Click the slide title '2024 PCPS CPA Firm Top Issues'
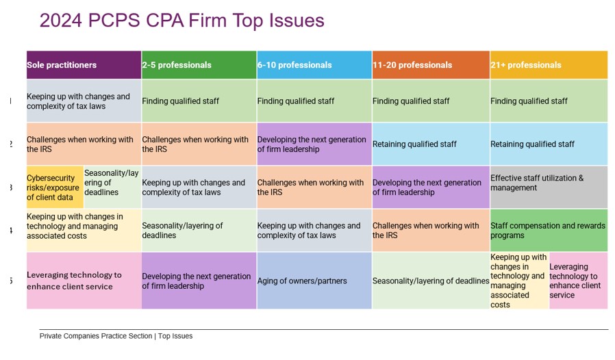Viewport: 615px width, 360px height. [x=181, y=21]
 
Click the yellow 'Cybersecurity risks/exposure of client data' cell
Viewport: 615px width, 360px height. [x=55, y=188]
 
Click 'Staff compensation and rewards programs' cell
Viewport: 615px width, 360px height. [x=548, y=231]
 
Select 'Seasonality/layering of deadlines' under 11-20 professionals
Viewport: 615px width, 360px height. [x=430, y=281]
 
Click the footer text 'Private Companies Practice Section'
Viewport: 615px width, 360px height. [x=96, y=336]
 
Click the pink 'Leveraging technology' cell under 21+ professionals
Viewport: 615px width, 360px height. [x=578, y=281]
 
